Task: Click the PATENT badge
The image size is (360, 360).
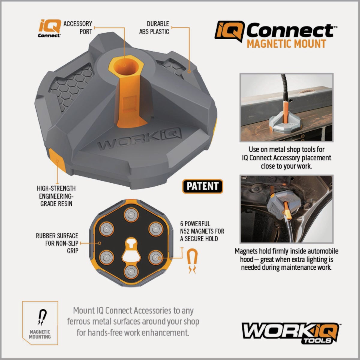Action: click(x=203, y=186)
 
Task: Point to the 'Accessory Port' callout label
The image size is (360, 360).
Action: click(x=78, y=28)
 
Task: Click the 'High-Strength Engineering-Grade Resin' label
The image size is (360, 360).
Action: click(x=56, y=196)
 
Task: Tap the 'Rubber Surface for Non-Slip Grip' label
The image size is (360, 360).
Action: click(x=57, y=243)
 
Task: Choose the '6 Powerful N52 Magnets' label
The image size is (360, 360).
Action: click(x=202, y=231)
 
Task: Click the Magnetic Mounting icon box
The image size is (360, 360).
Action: click(x=40, y=322)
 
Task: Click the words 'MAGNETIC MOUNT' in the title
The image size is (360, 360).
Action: click(x=286, y=44)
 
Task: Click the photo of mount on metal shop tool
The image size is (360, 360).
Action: click(x=286, y=107)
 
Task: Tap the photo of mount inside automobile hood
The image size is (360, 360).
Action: click(x=286, y=209)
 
